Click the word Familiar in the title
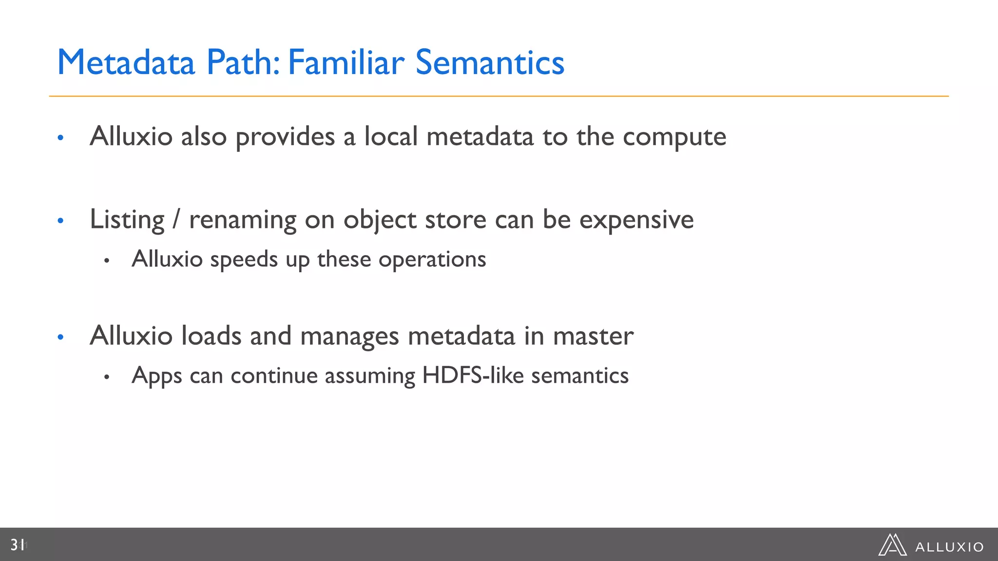coord(346,63)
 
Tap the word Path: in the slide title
coord(243,63)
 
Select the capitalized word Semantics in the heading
coord(489,63)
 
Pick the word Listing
coord(127,220)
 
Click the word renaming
coord(243,220)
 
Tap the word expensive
coord(636,220)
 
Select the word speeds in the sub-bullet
coord(244,260)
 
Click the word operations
coord(432,260)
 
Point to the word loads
coord(211,336)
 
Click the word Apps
coord(156,376)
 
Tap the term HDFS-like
coord(472,375)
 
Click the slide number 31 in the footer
coord(18,545)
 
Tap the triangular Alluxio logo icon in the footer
coord(892,545)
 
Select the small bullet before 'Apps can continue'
coord(106,376)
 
